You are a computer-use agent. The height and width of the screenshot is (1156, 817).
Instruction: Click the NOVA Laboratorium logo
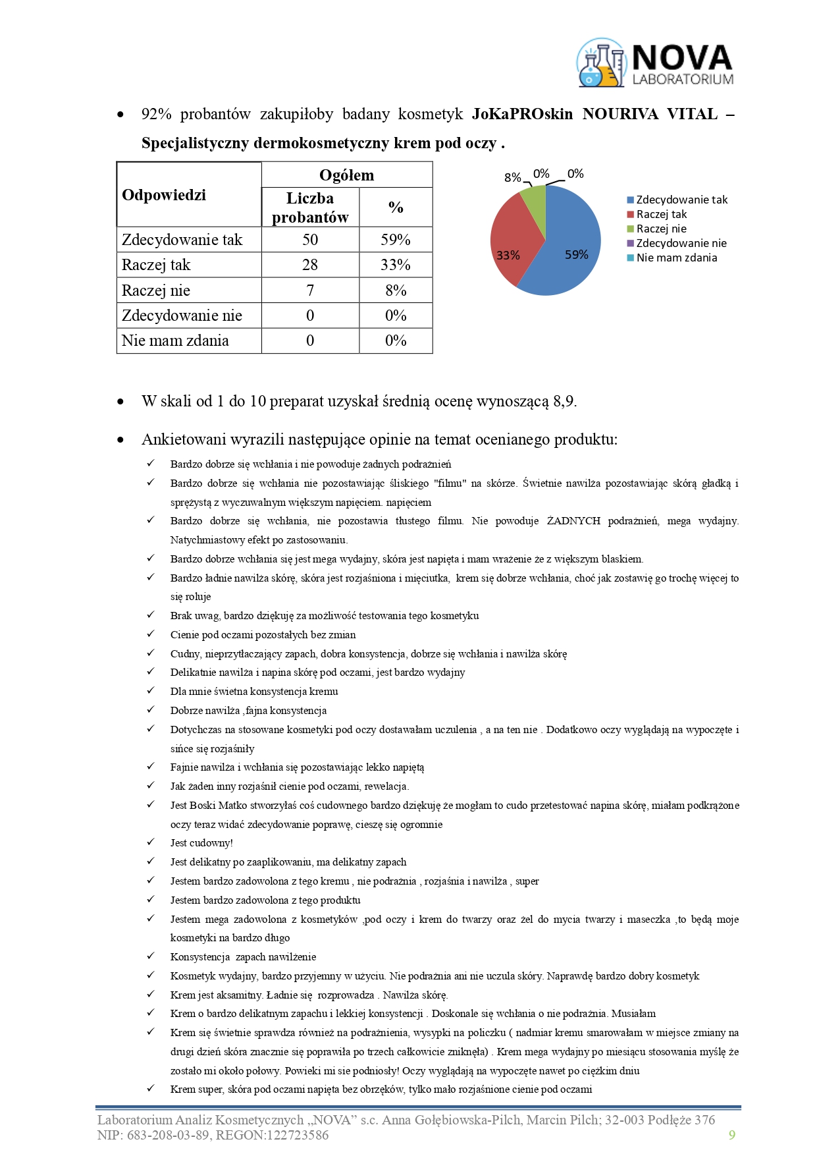[655, 63]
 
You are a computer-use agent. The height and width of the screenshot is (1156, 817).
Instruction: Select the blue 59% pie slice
[573, 250]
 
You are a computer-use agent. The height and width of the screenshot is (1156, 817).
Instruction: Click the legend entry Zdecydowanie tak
[681, 200]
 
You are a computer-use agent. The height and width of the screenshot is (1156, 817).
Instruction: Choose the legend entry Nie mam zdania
[676, 258]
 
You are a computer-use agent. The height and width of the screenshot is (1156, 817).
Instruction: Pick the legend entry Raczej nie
[661, 229]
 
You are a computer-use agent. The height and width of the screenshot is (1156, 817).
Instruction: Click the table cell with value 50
[310, 240]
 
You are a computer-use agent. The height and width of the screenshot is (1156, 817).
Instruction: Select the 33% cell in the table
[396, 265]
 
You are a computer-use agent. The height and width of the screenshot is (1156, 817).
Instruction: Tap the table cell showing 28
[310, 265]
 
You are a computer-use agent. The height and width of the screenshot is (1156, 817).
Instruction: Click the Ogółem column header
[346, 175]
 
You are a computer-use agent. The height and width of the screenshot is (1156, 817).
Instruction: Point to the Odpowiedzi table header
[164, 195]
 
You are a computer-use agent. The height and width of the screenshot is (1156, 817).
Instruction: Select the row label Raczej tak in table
[156, 265]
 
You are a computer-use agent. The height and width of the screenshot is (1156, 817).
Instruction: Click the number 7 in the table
[310, 290]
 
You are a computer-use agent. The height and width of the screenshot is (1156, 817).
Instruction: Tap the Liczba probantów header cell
[310, 207]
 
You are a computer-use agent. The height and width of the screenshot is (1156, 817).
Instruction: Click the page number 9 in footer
[731, 1134]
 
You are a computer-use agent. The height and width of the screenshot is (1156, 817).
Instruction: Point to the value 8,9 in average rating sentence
[564, 401]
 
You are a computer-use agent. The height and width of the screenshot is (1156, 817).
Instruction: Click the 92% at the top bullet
[156, 114]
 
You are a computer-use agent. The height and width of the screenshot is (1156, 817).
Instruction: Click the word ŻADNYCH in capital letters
[573, 521]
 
